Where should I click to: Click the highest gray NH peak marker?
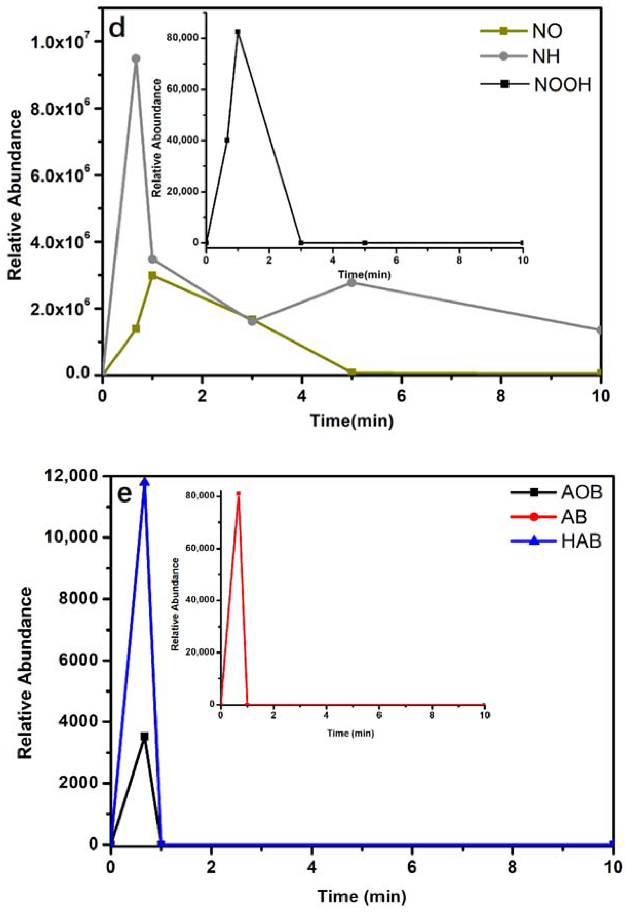tap(136, 58)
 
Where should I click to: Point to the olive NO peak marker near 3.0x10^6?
tap(153, 275)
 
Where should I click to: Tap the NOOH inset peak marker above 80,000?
tap(238, 32)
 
